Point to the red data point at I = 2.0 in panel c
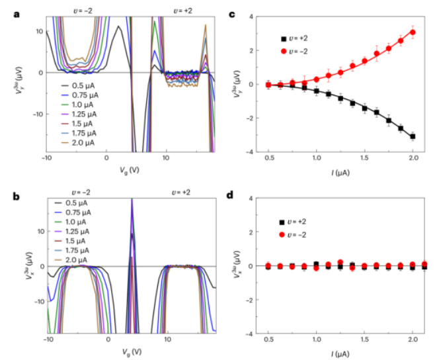413,32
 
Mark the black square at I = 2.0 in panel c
413,136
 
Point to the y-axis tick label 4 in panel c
252,15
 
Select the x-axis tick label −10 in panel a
48,159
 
